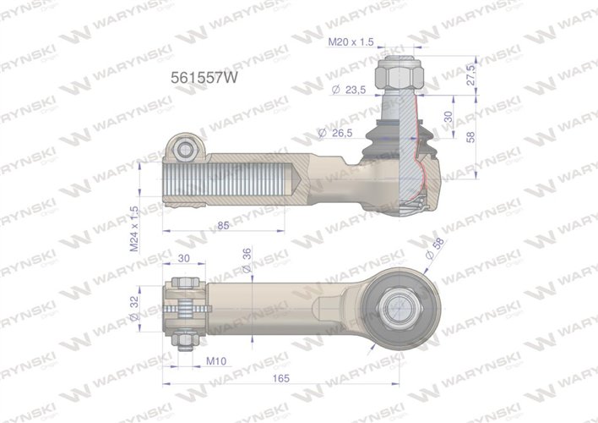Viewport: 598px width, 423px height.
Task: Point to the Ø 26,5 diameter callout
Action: pos(333,132)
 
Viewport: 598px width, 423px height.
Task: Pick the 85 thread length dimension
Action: pos(223,225)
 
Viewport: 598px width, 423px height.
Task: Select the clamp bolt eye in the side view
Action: pos(185,149)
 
